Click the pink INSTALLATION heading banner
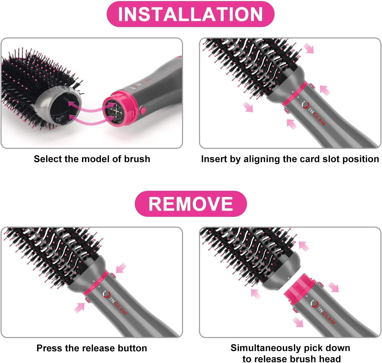click(x=190, y=14)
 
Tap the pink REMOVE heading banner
click(x=190, y=204)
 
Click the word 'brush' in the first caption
click(x=137, y=159)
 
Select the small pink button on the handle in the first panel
click(x=142, y=110)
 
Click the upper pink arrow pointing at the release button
click(x=121, y=268)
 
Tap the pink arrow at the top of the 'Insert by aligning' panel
click(x=309, y=48)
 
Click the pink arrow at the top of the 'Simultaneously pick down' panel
click(x=304, y=246)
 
